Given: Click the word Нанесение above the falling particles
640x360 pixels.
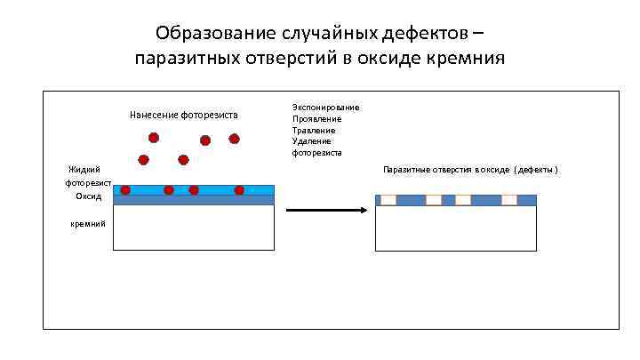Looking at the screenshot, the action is coord(154,116).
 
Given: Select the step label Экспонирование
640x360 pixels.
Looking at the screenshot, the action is coord(325,108).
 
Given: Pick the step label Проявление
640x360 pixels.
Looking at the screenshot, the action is coord(316,119).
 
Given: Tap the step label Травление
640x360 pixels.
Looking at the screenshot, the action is coord(314,131).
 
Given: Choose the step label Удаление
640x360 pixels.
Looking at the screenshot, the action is coord(312,141).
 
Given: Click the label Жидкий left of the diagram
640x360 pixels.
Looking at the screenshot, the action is coord(84,170).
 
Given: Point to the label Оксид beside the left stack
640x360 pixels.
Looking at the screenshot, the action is coord(88,196).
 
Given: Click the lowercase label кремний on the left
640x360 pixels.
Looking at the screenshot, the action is coord(88,223).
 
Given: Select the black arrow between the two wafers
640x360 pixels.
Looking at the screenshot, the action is coord(326,211).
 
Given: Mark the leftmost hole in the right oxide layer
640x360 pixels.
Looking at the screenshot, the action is coord(388,200).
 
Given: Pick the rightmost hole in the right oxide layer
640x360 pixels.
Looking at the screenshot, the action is coord(509,200).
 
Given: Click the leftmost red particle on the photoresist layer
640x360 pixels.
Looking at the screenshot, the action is coord(125,190).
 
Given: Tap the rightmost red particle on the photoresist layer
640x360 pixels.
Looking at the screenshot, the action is coord(239,190).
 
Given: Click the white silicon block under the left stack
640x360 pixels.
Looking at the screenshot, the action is coord(194,228).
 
